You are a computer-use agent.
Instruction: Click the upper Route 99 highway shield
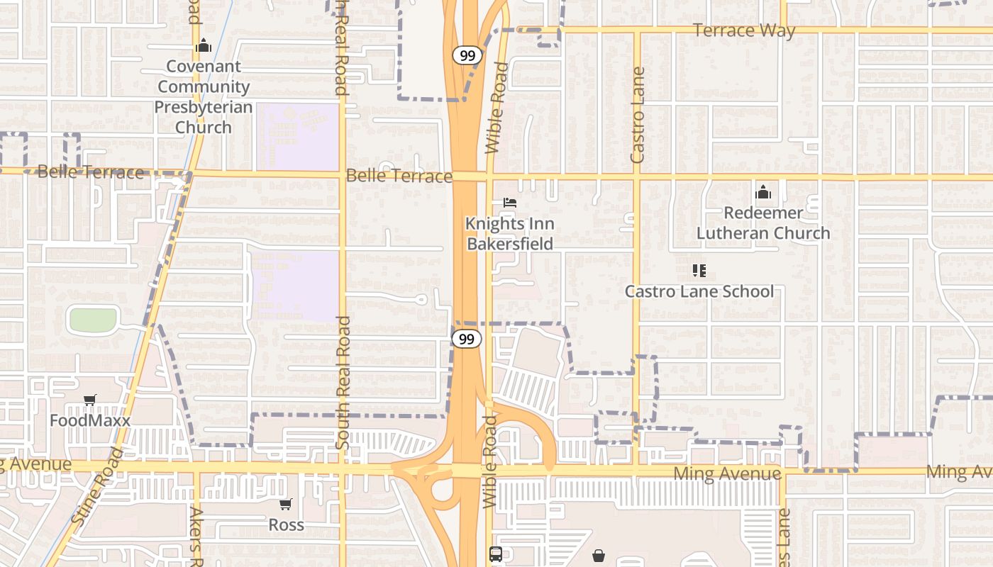tap(467, 55)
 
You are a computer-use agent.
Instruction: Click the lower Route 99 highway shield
tap(466, 339)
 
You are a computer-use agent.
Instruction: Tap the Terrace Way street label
tap(743, 30)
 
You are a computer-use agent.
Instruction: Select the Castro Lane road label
tap(638, 115)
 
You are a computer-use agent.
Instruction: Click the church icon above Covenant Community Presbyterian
tap(204, 46)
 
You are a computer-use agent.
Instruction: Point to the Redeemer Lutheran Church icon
tap(763, 192)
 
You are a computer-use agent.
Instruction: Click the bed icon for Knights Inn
tap(509, 203)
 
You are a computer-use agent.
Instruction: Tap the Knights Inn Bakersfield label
tap(509, 234)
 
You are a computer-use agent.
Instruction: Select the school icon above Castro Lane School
tap(699, 271)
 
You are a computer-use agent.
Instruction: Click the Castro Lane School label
tap(699, 291)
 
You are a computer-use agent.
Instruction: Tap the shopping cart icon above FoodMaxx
tap(89, 400)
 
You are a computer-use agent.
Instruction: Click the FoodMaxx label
tap(89, 420)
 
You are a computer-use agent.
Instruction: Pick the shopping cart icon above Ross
tap(285, 505)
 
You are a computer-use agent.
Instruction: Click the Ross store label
tap(286, 524)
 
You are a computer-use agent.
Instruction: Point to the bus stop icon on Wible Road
tap(495, 554)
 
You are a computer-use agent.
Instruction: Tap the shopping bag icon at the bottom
tap(599, 555)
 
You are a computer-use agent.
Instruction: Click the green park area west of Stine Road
tap(93, 320)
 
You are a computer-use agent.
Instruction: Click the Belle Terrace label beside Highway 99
tap(399, 176)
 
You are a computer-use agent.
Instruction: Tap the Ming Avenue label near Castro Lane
tap(727, 473)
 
